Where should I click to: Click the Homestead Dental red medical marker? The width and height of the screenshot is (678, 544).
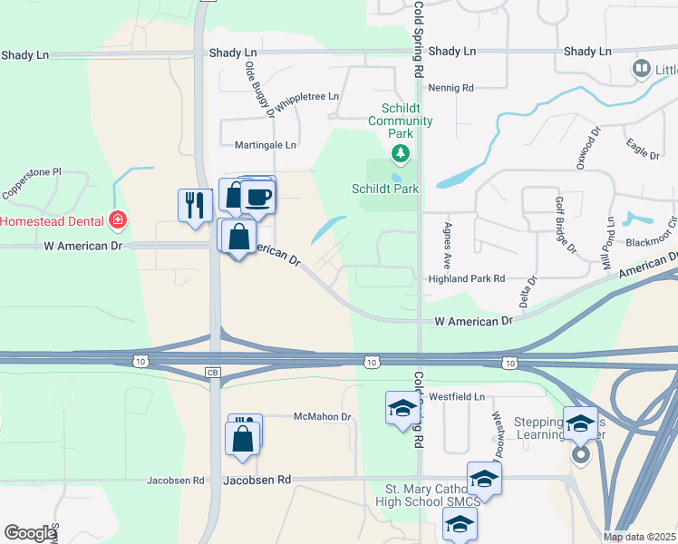pos(116,220)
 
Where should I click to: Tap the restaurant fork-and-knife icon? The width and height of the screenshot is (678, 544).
pos(193,204)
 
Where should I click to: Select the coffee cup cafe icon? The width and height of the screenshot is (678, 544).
pos(258,197)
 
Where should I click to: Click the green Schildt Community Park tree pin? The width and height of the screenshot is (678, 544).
pos(400,153)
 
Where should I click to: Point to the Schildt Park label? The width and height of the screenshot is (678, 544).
pos(385,189)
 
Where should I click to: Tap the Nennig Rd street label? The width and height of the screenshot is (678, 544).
pos(454,88)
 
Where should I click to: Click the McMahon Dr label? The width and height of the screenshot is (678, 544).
pos(322,417)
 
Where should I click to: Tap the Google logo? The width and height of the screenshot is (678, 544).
pos(30,533)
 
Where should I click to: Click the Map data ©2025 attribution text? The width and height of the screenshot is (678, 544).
pos(639,537)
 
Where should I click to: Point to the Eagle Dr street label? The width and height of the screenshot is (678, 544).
pos(642,147)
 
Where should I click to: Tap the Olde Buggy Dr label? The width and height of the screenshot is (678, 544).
pos(259,83)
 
